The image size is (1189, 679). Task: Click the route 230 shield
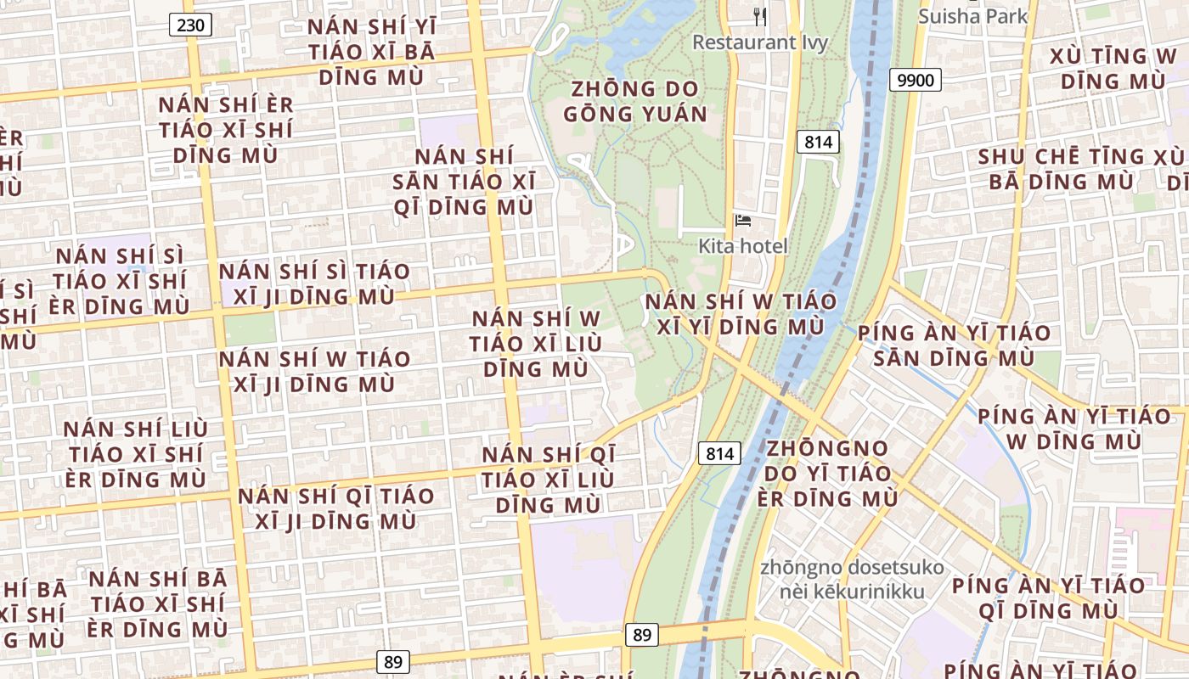[x=191, y=25]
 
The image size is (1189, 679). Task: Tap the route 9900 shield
[x=915, y=81]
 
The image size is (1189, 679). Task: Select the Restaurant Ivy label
[x=760, y=42]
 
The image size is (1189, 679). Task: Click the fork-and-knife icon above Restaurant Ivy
[x=760, y=16]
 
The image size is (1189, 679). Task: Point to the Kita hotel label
[x=743, y=246]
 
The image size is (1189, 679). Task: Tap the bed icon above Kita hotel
[x=743, y=222]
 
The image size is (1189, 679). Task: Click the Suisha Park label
[x=973, y=15]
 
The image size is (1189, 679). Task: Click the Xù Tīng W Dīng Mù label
[x=1113, y=69]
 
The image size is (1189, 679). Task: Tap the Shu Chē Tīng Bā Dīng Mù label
[x=1062, y=169]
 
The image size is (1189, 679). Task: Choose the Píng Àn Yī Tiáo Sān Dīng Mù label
[x=954, y=345]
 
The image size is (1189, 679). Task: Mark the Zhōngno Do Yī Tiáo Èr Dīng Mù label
[x=828, y=473]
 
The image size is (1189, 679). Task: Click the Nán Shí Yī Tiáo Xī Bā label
[x=371, y=52]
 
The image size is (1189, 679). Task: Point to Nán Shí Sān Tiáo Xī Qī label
[x=464, y=182]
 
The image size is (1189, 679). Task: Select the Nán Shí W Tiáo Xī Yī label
[x=741, y=314]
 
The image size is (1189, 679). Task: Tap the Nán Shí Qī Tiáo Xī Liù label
[x=549, y=480]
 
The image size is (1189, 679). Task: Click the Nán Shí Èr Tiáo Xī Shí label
[x=226, y=130]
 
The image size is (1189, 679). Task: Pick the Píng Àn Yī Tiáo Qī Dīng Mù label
[x=1048, y=598]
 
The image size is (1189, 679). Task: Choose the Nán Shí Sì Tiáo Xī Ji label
[x=314, y=283]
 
